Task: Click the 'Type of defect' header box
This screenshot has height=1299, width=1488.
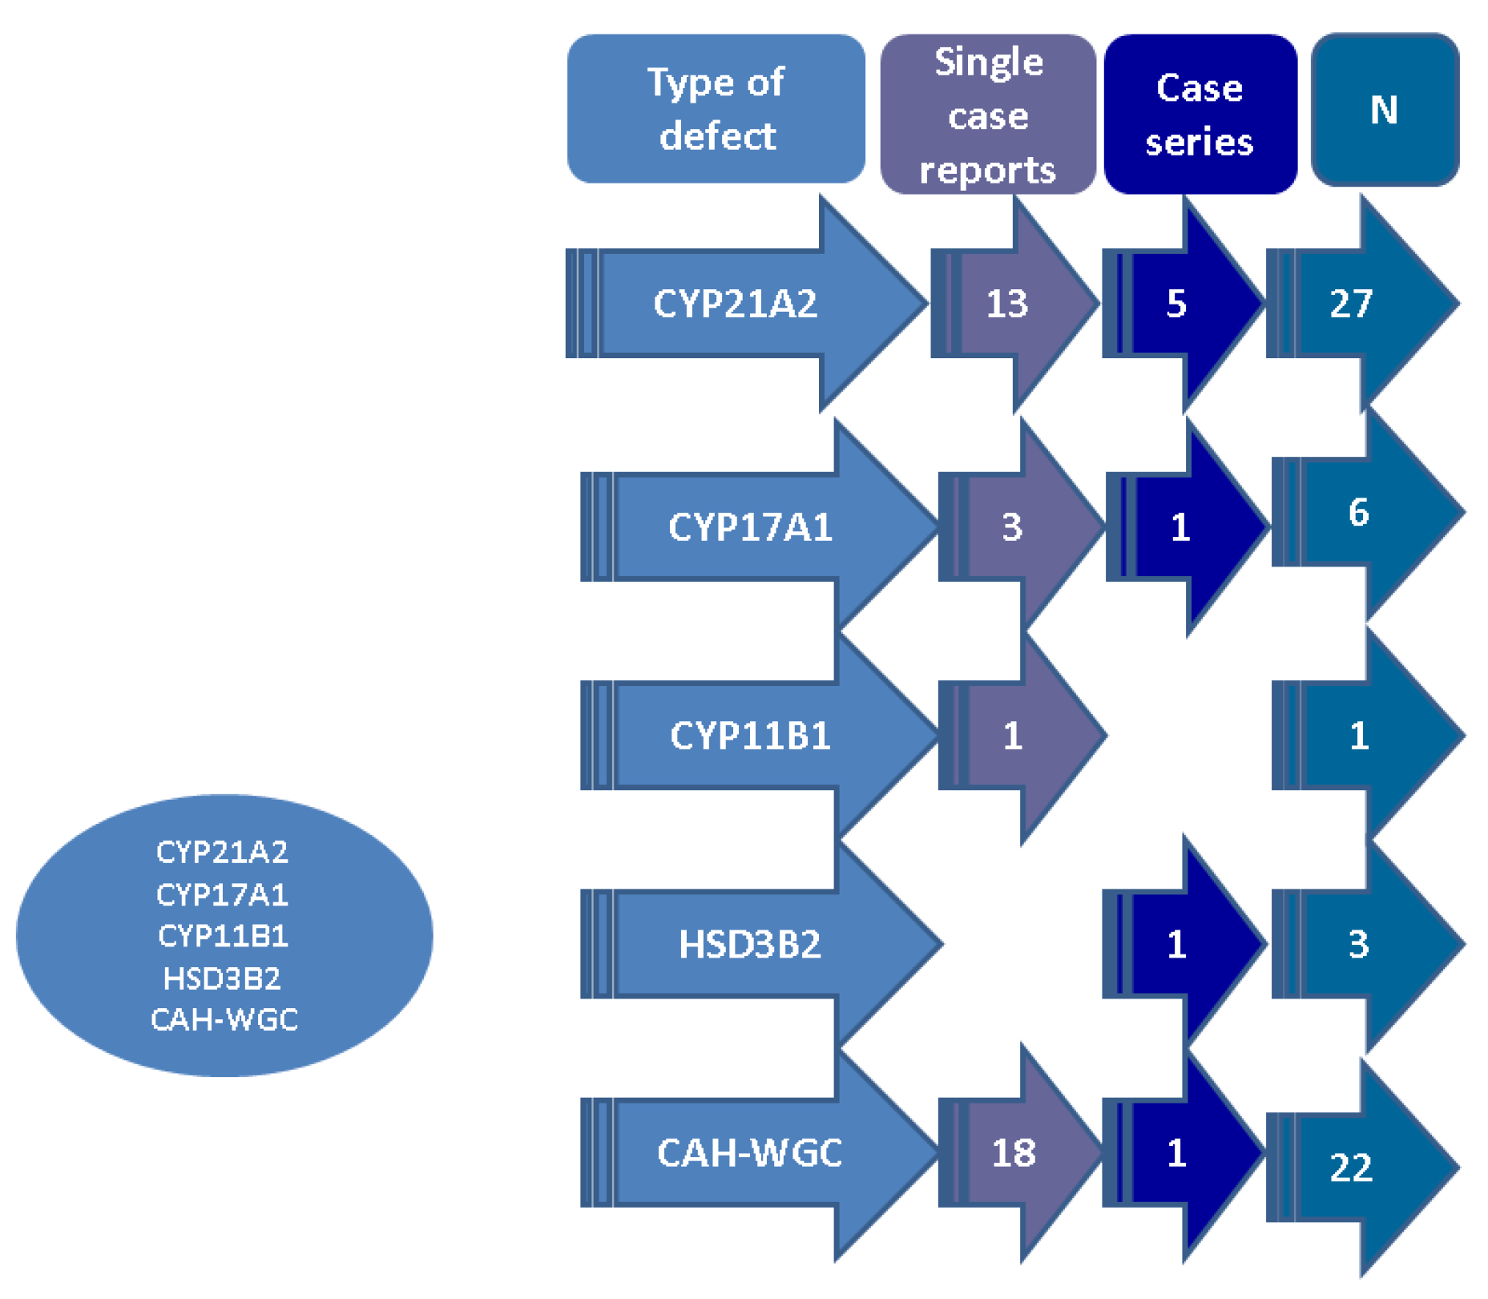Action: click(716, 108)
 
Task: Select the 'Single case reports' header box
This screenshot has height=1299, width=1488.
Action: click(987, 115)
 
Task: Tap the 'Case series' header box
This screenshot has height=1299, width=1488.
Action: click(1200, 115)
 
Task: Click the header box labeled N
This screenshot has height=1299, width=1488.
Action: click(1384, 110)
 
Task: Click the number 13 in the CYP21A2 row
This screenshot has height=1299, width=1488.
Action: click(1006, 304)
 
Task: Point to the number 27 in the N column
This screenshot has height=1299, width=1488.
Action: click(1351, 304)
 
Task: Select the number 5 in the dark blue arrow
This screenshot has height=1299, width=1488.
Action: click(1175, 304)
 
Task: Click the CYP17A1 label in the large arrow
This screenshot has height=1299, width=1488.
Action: click(750, 527)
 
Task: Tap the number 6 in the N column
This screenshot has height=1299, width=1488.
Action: click(1358, 512)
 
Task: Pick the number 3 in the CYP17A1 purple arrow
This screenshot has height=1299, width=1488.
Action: click(1012, 527)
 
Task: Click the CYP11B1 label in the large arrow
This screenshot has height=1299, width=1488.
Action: click(750, 736)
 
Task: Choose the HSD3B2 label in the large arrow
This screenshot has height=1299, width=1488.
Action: click(750, 944)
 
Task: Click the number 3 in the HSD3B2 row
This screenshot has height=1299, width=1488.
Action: click(1358, 944)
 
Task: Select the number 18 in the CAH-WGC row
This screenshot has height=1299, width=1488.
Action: click(1014, 1153)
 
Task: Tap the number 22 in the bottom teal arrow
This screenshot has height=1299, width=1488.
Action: click(1351, 1168)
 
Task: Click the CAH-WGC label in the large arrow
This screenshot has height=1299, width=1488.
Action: click(750, 1153)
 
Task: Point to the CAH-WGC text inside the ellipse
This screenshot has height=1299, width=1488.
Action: click(224, 1019)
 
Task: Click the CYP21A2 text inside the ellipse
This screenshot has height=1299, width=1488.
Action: click(223, 852)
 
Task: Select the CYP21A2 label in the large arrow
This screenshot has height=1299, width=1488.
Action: click(735, 304)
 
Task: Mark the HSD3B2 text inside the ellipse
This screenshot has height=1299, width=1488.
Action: click(222, 978)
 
